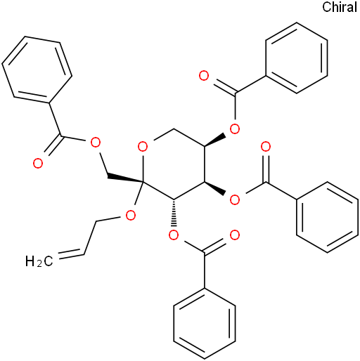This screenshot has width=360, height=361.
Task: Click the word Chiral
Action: pyautogui.click(x=340, y=7)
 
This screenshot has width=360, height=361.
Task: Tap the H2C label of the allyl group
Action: pyautogui.click(x=39, y=261)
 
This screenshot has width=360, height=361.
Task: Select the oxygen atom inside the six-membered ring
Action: pyautogui.click(x=143, y=147)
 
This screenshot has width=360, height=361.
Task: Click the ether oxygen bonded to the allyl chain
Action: pyautogui.click(x=131, y=216)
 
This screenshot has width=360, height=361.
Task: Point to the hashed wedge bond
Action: pyautogui.click(x=174, y=213)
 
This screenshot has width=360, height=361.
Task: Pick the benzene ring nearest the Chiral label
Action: pyautogui.click(x=297, y=58)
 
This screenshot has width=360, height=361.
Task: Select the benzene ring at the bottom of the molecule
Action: pyautogui.click(x=205, y=323)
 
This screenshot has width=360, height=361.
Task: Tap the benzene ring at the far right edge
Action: pyautogui.click(x=328, y=217)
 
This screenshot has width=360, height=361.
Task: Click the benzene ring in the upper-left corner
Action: pyautogui.click(x=37, y=70)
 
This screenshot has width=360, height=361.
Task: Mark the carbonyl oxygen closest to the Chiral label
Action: pyautogui.click(x=204, y=76)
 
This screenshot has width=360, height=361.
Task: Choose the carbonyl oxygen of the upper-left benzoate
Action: pyautogui.click(x=38, y=163)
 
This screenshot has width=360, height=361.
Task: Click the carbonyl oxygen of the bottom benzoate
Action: pyautogui.click(x=235, y=235)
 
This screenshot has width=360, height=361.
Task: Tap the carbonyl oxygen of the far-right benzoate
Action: pyautogui.click(x=266, y=147)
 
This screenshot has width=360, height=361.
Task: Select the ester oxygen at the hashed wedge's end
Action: pyautogui.click(x=174, y=235)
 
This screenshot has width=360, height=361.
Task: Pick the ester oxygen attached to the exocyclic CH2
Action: pyautogui.click(x=96, y=143)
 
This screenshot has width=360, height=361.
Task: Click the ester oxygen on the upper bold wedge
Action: pyautogui.click(x=235, y=129)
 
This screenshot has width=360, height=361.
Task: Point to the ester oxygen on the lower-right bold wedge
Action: pyautogui.click(x=235, y=199)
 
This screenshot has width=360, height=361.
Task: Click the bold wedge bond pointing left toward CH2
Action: pyautogui.click(x=125, y=178)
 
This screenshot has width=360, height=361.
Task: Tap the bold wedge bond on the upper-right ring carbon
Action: pyautogui.click(x=215, y=140)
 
